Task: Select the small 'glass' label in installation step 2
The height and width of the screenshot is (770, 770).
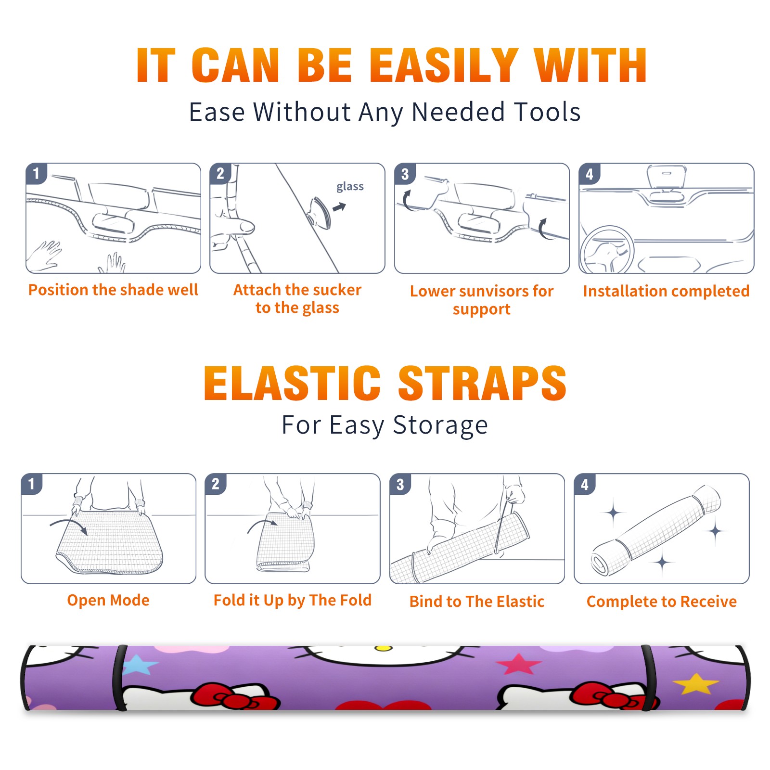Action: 350,187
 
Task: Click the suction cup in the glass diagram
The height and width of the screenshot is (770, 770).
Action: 320,212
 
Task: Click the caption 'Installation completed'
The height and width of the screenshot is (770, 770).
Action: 666,291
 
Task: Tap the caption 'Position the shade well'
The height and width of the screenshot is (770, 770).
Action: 113,290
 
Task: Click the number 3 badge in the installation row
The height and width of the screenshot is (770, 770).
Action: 405,174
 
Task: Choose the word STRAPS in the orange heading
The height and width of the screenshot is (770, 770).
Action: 482,383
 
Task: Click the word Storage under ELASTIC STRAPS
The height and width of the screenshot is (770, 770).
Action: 440,426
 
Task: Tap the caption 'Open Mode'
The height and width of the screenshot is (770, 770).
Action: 108,600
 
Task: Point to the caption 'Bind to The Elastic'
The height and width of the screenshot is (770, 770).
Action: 477,602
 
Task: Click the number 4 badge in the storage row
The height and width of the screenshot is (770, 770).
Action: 585,484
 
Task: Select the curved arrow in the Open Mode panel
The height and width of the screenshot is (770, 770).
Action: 69,524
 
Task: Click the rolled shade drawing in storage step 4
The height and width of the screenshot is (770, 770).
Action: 656,530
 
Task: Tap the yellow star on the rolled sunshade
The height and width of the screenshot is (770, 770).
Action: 695,683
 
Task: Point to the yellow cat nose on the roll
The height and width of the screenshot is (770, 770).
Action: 384,648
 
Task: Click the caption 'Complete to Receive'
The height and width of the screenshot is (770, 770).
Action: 662,602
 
